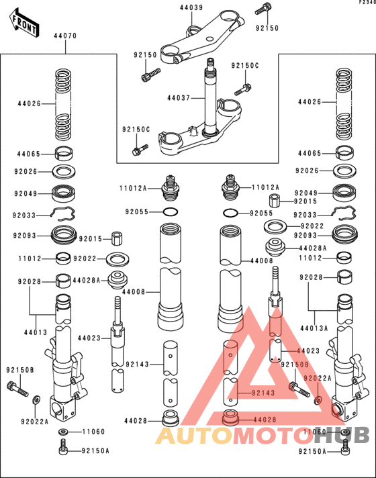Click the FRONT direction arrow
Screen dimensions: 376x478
[x=24, y=23]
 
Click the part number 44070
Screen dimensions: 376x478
[x=65, y=36]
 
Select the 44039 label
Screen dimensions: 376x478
[x=191, y=7]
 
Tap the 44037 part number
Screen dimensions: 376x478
[x=179, y=98]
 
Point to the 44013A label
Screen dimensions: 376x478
[x=314, y=328]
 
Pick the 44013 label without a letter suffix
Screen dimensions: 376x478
[x=36, y=332]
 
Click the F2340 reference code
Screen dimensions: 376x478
[x=367, y=2]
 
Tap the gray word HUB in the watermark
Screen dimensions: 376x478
[x=342, y=435]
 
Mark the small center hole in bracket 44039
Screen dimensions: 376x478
[x=209, y=39]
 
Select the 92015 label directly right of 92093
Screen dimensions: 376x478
[x=91, y=239]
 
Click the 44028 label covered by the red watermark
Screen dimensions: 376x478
[x=265, y=420]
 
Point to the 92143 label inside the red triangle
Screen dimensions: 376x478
[x=263, y=393]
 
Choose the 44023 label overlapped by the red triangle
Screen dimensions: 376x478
[x=308, y=351]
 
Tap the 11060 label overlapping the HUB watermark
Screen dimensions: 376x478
[x=315, y=432]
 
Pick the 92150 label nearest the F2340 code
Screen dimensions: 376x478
[x=267, y=28]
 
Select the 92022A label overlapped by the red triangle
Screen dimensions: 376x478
[x=318, y=378]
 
